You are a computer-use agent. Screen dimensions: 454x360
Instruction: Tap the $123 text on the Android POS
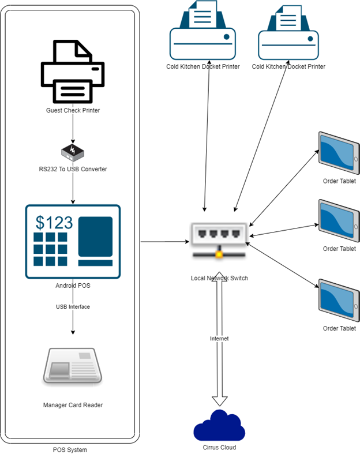coord(54,222)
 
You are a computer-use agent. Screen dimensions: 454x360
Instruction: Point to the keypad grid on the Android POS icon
coord(50,250)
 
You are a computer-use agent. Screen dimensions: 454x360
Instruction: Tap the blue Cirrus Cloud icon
coord(219,425)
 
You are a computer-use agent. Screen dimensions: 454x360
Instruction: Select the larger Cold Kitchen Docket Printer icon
coord(202,32)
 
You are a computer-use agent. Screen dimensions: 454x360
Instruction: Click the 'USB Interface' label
coord(73,307)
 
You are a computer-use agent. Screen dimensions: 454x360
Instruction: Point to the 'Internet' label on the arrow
coord(219,339)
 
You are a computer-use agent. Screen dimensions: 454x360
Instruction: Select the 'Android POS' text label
coord(73,285)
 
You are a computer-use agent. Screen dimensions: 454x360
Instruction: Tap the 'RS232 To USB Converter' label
coord(73,169)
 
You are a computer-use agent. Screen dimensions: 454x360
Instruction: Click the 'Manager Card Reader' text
coord(73,405)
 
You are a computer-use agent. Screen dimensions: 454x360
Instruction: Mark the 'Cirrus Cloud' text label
coord(219,447)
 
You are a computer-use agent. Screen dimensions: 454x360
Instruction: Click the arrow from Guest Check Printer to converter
coord(73,129)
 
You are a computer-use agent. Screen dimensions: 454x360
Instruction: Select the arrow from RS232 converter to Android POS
coord(73,189)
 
